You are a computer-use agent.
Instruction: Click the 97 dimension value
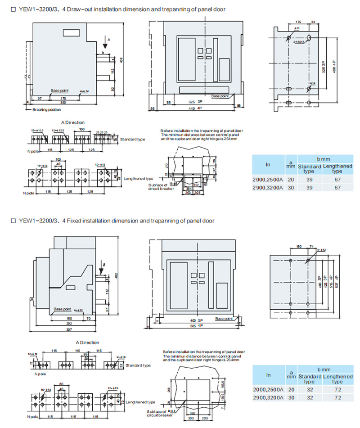coord(40,98)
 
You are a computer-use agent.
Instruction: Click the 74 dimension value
coord(311,247)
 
